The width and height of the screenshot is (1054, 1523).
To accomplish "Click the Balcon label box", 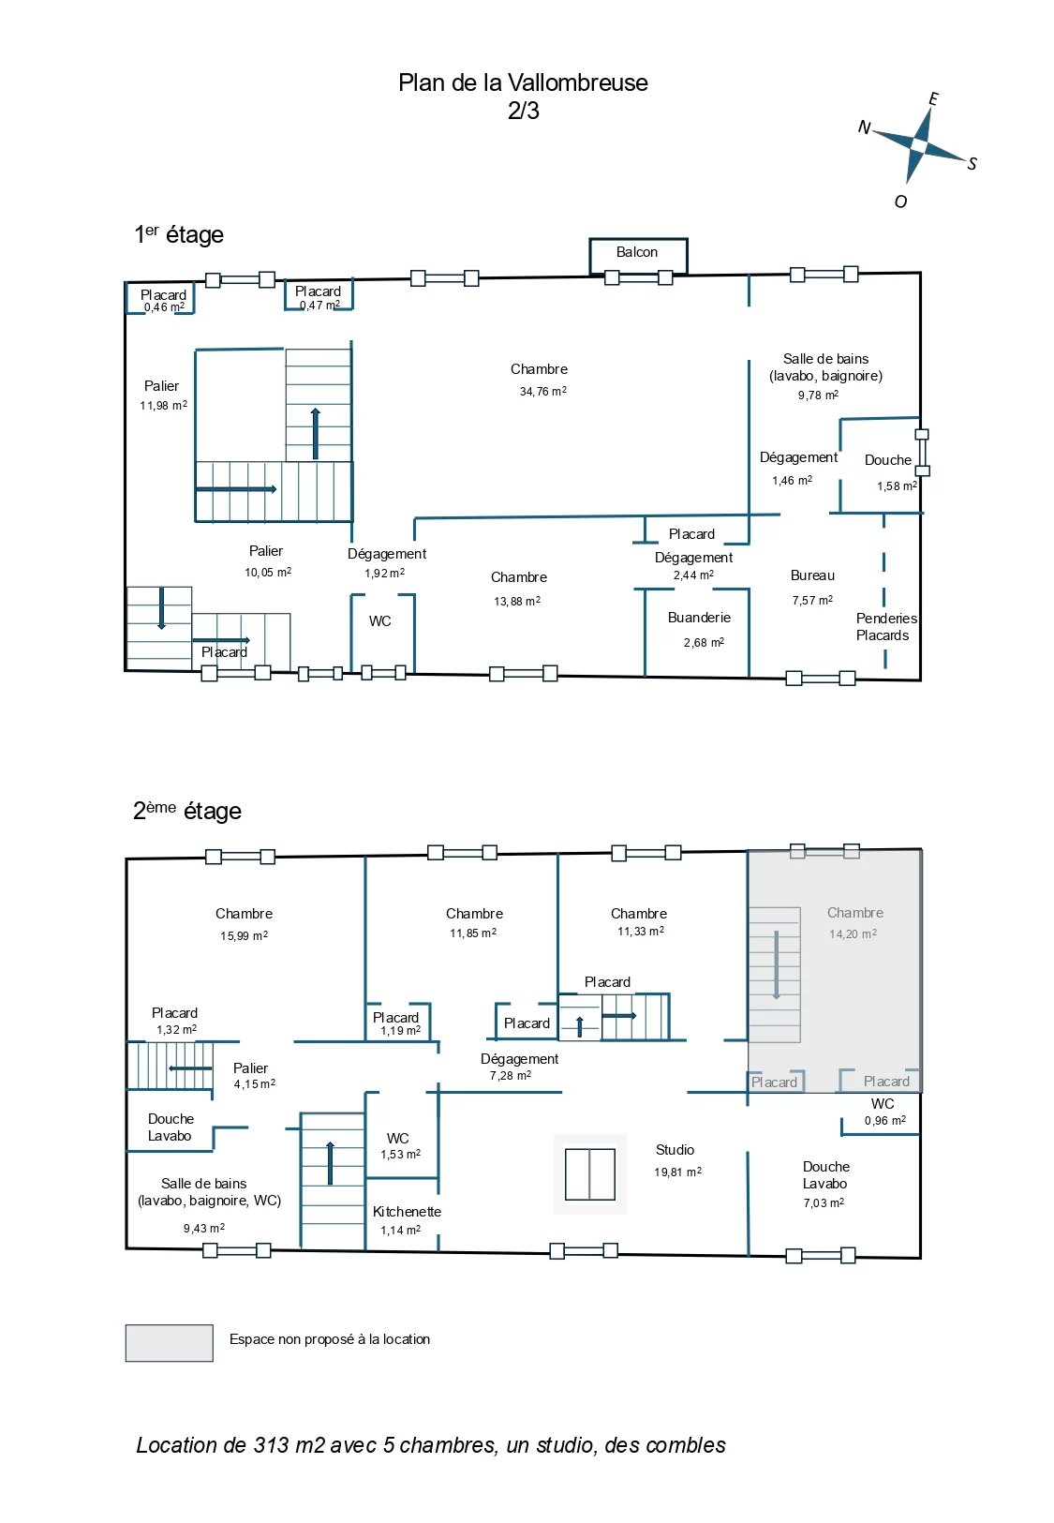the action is (637, 256).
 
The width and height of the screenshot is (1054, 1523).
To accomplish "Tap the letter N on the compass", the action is (864, 127).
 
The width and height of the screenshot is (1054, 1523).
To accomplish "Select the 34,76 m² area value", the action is (543, 391).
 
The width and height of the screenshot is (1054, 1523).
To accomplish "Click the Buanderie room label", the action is (699, 618).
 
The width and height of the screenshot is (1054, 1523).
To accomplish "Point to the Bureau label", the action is (812, 575).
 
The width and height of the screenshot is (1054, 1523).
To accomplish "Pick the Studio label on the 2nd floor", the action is (675, 1150).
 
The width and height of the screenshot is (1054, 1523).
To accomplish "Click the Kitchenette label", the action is (407, 1212).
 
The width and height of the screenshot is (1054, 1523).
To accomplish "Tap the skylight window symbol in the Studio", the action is (590, 1174).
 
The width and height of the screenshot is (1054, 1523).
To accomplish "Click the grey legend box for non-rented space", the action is (170, 1343).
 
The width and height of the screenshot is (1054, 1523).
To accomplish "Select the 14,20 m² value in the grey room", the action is (853, 934).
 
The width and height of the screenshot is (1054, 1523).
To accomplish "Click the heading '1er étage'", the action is (179, 234).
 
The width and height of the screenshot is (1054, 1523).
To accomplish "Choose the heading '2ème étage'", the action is (186, 811).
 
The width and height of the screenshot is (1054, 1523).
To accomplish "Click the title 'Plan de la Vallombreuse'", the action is (523, 82).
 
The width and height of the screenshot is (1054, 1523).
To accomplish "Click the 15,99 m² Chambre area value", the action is (244, 935).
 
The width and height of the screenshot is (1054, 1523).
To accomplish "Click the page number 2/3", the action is (524, 111).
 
